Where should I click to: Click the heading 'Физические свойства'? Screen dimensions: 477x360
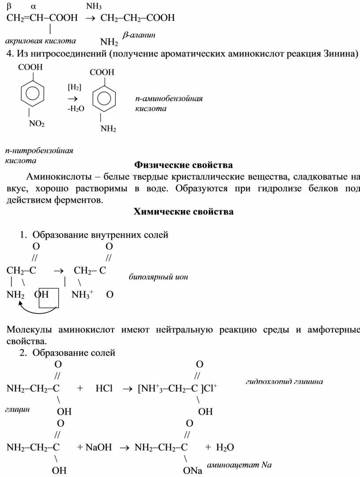(183, 165)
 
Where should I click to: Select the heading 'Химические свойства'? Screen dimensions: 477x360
(183, 211)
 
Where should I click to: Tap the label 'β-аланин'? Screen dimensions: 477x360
(139, 35)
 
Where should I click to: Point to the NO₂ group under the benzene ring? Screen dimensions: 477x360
(37, 124)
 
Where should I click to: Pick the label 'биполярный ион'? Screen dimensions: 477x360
(158, 277)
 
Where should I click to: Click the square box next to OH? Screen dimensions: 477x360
(49, 298)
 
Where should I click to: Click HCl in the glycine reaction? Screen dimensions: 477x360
(104, 389)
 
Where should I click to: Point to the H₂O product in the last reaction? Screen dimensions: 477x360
(225, 447)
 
